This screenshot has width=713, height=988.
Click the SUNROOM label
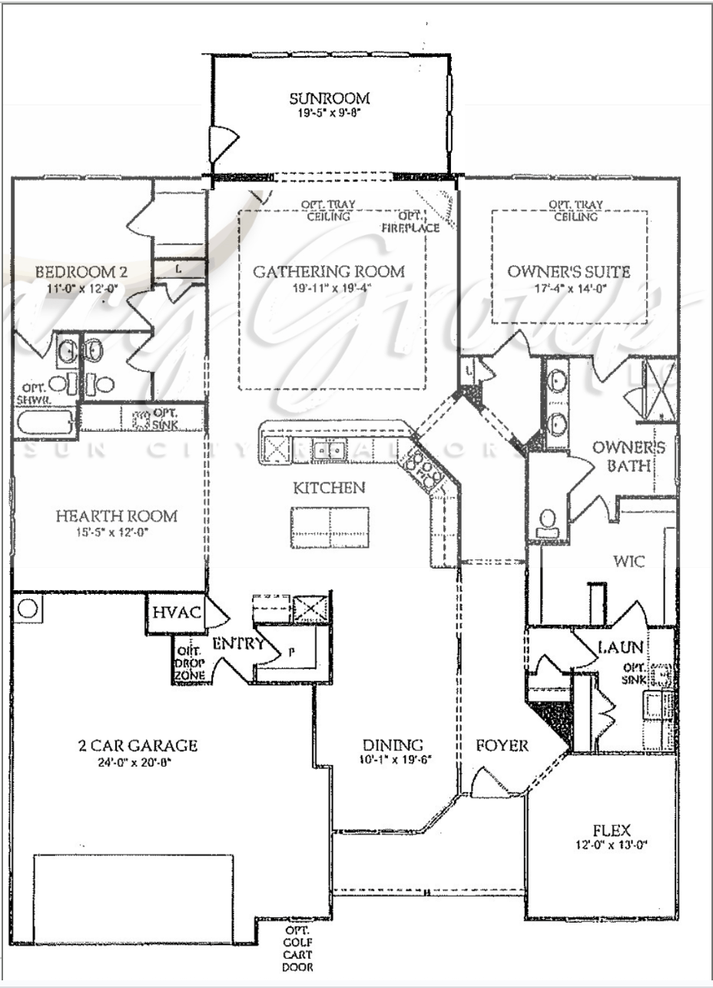(330, 98)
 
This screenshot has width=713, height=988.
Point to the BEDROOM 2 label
(81, 272)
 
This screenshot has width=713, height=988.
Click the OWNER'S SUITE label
(569, 272)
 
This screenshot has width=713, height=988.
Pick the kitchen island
(330, 527)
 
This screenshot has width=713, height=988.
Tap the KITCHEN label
(329, 488)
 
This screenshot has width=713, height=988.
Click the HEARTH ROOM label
(116, 516)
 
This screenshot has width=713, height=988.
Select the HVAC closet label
(177, 613)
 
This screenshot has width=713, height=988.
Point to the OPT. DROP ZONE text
(190, 663)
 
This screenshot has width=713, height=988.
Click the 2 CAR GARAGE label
(138, 745)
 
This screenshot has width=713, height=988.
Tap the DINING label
(393, 745)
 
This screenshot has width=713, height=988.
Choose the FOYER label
(502, 745)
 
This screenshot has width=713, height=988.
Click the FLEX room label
(612, 831)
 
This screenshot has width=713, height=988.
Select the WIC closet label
(628, 562)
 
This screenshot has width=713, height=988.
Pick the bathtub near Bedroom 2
(46, 422)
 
